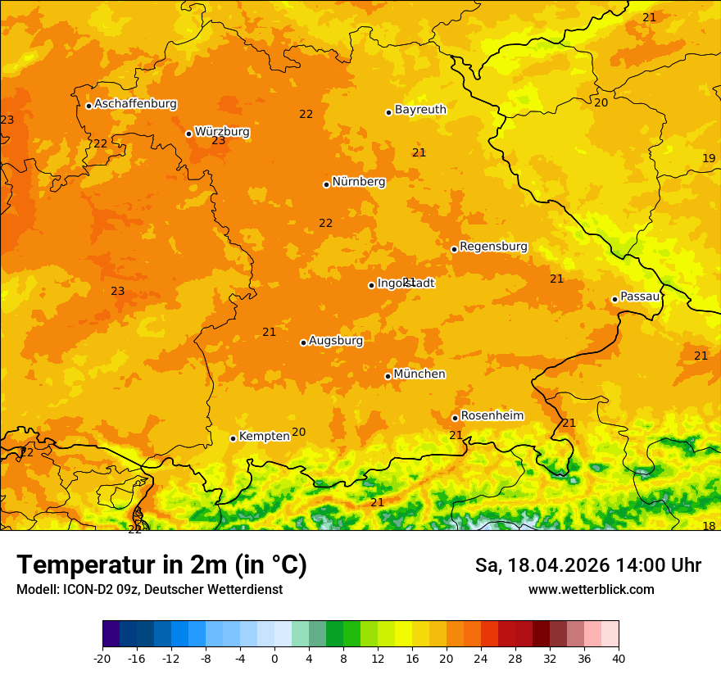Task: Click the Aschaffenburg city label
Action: click(135, 104)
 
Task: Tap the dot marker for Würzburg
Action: click(188, 134)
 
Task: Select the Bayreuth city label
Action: click(420, 109)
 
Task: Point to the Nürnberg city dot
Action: click(326, 184)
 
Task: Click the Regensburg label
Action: click(493, 247)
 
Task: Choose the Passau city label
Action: click(640, 297)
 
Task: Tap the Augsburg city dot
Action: click(303, 342)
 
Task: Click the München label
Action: click(419, 374)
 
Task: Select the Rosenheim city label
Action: click(492, 416)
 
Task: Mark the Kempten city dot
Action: click(233, 438)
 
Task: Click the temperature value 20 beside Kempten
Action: click(299, 433)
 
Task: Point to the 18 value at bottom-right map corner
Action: click(709, 526)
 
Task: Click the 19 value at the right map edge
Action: click(709, 158)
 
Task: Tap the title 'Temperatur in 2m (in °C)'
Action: click(161, 565)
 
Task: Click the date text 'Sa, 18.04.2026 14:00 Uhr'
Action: click(587, 565)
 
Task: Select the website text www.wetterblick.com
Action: click(591, 590)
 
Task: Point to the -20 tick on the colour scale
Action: click(102, 658)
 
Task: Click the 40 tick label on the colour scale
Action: click(619, 658)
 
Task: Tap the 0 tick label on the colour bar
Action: click(274, 658)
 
